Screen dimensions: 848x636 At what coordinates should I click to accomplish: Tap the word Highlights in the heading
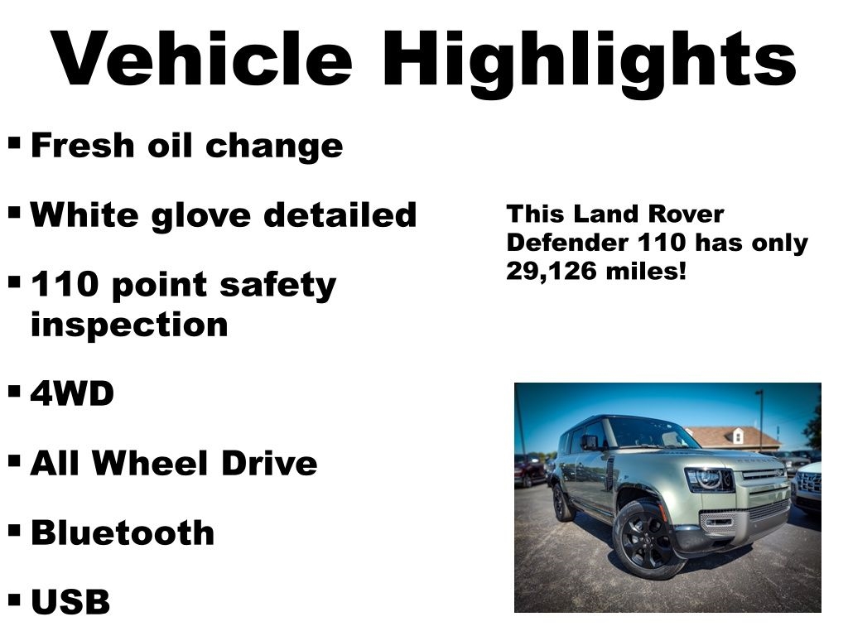pos(590,64)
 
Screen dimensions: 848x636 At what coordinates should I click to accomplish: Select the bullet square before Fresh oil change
pos(15,144)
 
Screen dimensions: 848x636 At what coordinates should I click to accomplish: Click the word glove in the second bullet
pos(200,216)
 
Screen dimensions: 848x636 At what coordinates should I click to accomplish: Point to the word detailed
pos(340,214)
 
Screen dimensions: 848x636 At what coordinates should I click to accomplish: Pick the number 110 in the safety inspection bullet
pos(65,284)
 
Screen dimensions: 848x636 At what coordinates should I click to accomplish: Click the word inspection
pos(129,325)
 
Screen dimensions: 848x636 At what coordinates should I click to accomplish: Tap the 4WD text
pos(73,393)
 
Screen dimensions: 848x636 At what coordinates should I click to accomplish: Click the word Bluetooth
pos(123,532)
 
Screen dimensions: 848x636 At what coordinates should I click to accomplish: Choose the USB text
pos(70,601)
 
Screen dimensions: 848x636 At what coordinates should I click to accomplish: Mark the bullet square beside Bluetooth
pos(15,531)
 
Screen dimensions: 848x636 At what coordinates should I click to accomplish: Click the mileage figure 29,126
pos(551,271)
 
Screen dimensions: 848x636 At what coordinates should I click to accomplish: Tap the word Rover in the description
pos(686,214)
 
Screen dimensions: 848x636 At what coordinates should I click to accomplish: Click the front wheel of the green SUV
pos(644,539)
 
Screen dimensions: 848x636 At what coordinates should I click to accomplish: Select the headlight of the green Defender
pos(710,479)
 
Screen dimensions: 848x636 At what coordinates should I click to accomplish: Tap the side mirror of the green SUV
pos(589,442)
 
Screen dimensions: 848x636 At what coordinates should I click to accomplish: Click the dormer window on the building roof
pos(736,436)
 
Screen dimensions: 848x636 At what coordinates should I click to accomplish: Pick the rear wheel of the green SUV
pos(562,503)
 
